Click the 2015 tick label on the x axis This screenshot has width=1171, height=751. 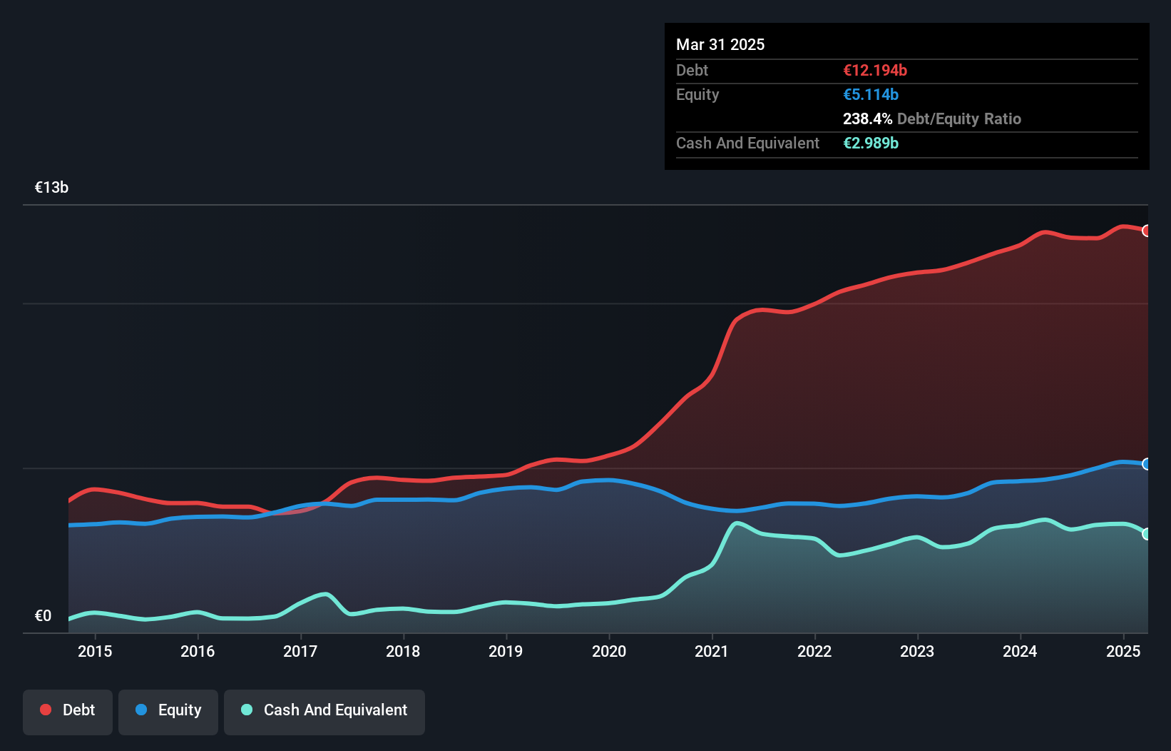[x=95, y=651]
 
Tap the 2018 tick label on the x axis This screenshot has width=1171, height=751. [x=403, y=651]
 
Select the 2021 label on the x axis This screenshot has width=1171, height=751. [x=712, y=651]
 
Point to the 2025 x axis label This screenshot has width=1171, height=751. [x=1123, y=651]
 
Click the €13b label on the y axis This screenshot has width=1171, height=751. [x=51, y=188]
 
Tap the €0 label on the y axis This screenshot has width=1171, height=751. [x=44, y=616]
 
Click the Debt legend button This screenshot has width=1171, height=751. [x=68, y=710]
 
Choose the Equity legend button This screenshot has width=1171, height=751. [x=168, y=710]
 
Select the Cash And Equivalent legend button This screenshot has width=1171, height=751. [x=324, y=710]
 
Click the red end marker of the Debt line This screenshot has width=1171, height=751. [x=1147, y=231]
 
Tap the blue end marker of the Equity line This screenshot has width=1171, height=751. [x=1147, y=464]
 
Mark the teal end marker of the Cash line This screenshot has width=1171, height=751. [x=1147, y=534]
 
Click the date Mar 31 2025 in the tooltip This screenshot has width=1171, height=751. [x=720, y=45]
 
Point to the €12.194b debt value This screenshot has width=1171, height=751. [x=875, y=71]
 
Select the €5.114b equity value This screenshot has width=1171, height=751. [x=871, y=95]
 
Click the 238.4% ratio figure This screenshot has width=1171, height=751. [x=867, y=119]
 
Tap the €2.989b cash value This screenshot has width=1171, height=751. [x=871, y=143]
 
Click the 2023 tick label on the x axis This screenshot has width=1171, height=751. [x=917, y=651]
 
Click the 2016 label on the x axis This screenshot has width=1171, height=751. [x=198, y=651]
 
